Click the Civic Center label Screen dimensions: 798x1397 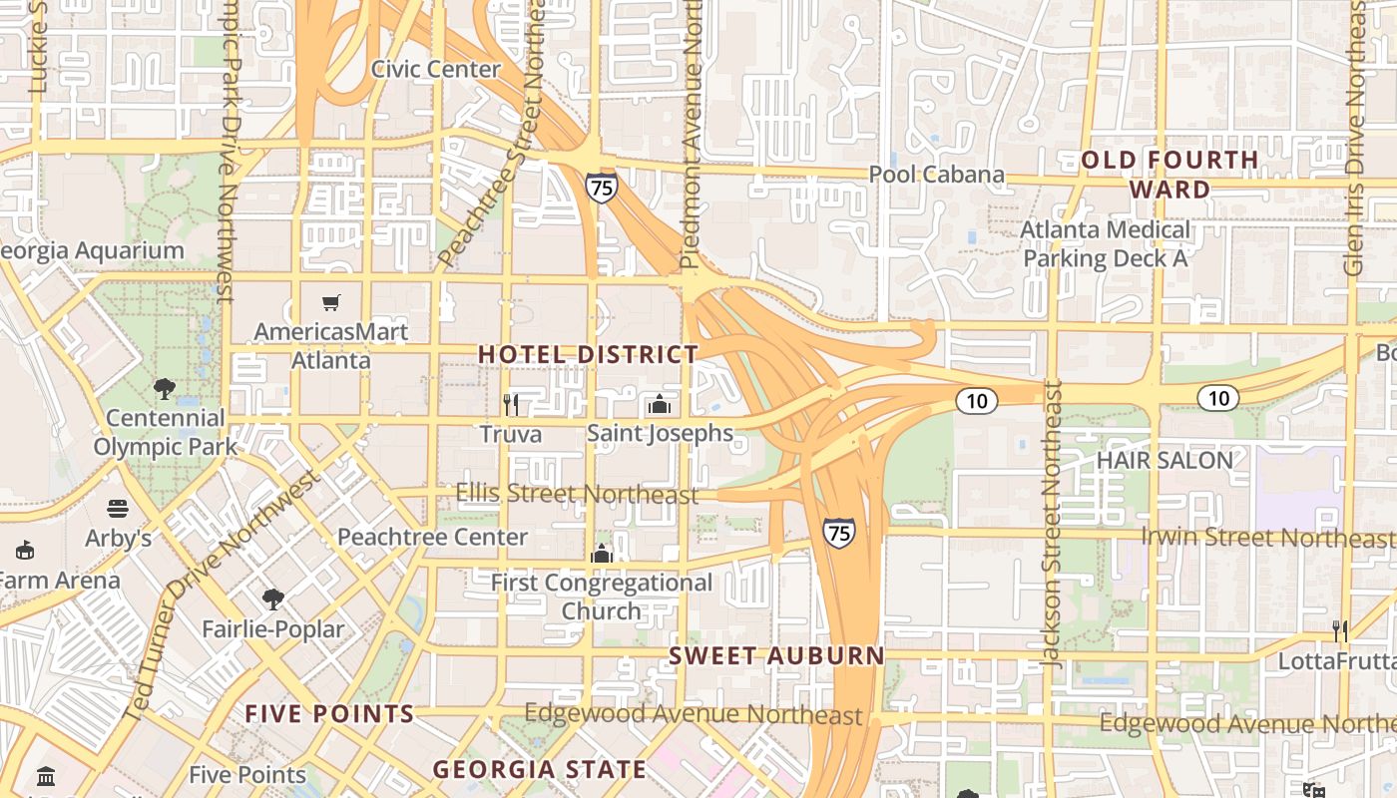[x=435, y=69]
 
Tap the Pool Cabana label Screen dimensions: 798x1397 [x=936, y=175]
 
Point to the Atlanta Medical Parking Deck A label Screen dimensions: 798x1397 [x=1106, y=244]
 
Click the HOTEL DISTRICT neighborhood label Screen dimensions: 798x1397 [x=588, y=354]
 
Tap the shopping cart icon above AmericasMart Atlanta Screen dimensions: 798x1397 [x=330, y=302]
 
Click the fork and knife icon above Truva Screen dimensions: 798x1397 [x=511, y=404]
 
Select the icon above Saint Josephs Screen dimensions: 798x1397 [x=659, y=404]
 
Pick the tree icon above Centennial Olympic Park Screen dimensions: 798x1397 [x=165, y=389]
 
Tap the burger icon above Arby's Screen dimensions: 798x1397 [x=118, y=509]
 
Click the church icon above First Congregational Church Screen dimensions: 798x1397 [x=602, y=553]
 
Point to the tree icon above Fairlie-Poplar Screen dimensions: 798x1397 [x=272, y=599]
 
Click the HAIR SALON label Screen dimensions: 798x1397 [x=1164, y=460]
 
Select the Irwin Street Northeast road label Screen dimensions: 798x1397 [x=1267, y=538]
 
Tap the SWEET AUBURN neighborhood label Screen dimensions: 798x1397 [x=776, y=655]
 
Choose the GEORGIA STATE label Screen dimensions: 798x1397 [x=539, y=769]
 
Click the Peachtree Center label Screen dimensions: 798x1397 [x=432, y=537]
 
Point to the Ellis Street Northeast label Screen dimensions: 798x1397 [x=577, y=493]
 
